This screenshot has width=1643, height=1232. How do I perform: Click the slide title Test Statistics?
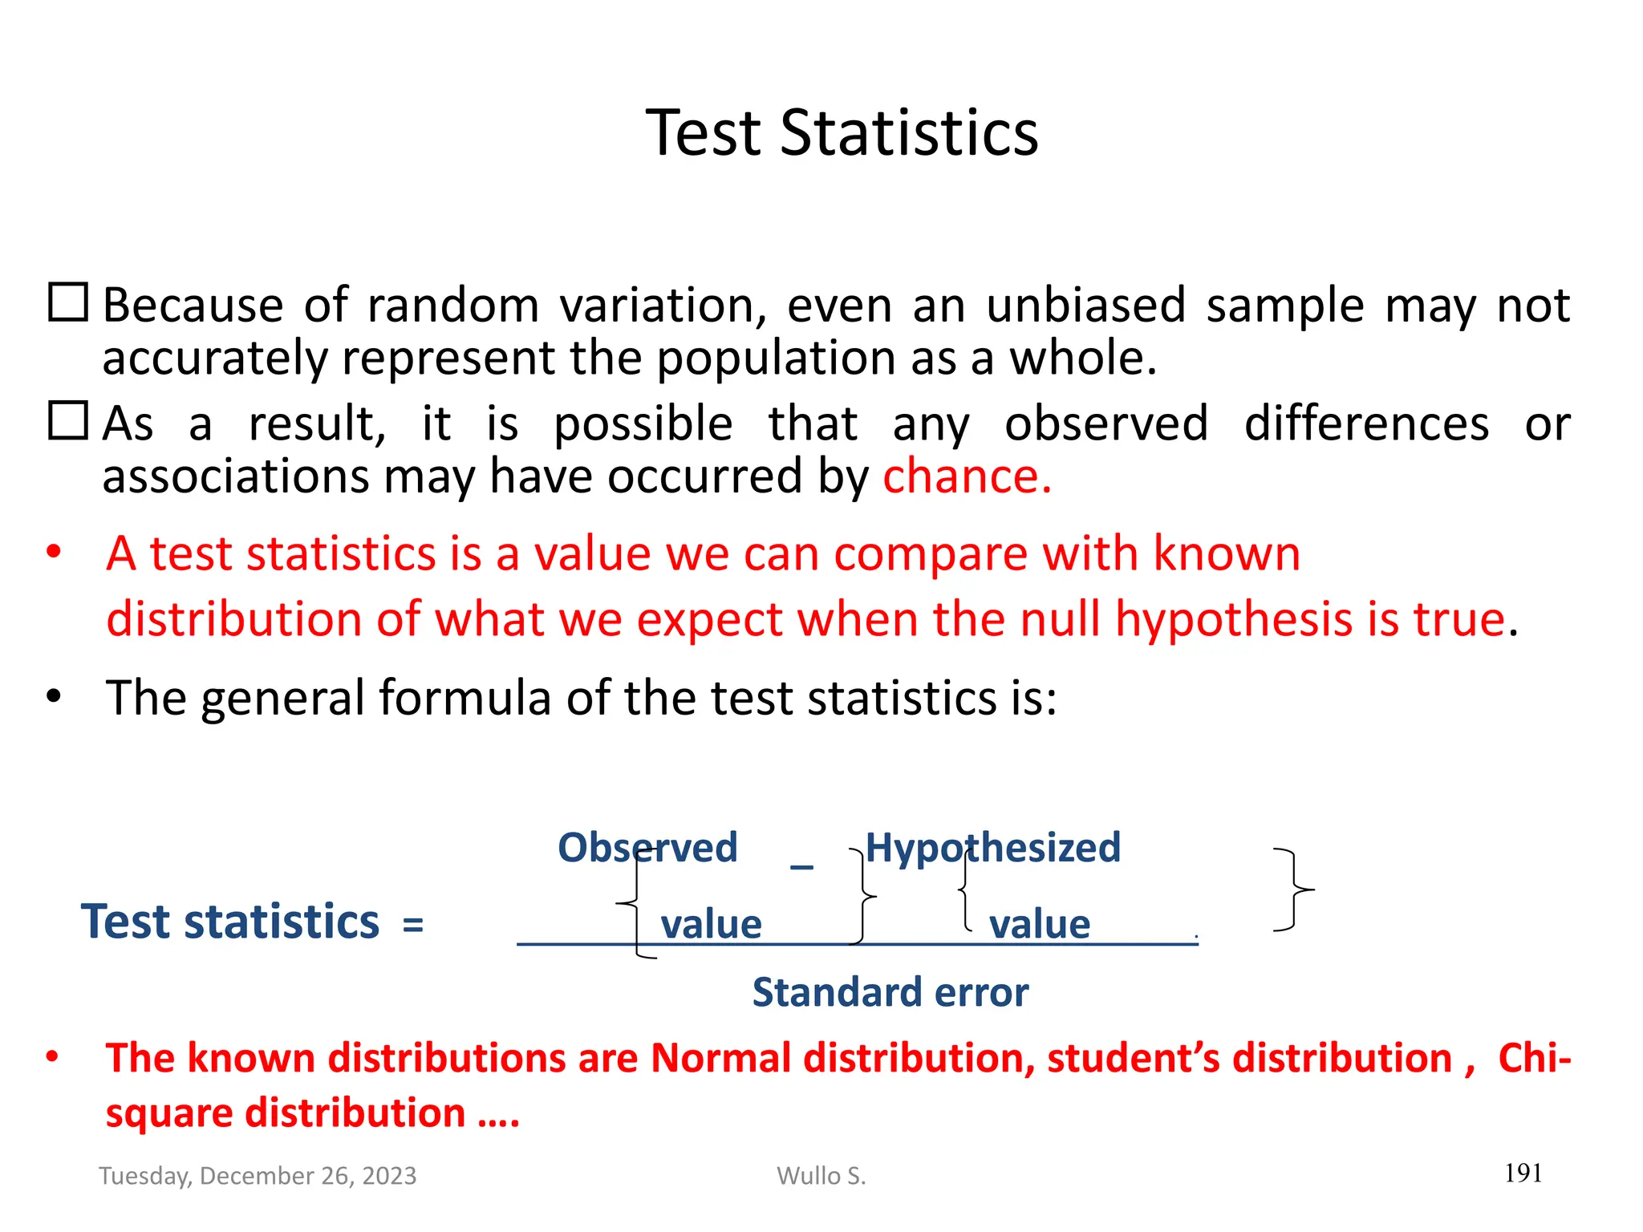842,132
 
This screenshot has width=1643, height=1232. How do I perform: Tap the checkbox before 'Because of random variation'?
68,303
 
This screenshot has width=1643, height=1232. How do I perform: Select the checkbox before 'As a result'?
68,421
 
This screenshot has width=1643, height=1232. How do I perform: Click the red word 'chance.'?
967,476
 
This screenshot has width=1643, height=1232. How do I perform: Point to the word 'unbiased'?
1085,306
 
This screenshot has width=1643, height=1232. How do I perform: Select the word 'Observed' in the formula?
647,848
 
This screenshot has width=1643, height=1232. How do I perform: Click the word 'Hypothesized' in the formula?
992,848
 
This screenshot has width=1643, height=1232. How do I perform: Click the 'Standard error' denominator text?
890,993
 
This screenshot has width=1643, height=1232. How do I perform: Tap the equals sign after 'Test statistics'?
413,925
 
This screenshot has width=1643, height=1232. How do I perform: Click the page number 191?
1523,1173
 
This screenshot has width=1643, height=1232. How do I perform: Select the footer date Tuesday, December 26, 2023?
258,1176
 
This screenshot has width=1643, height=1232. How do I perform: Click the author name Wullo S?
821,1176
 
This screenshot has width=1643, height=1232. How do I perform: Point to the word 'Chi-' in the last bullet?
1533,1058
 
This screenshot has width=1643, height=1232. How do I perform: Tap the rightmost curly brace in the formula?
1294,890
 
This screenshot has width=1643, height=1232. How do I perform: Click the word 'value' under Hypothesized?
1039,925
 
